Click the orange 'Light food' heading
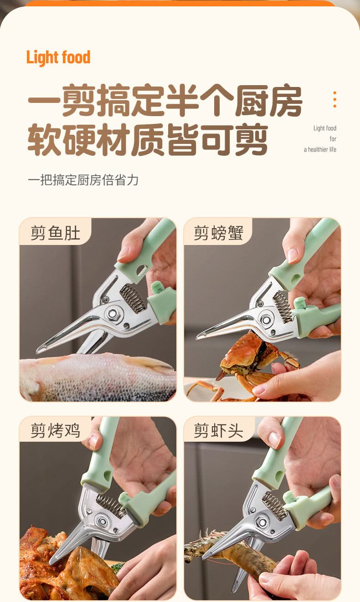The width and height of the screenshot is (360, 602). point(58,58)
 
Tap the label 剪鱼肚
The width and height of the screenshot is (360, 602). point(56,233)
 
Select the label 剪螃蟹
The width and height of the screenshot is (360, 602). point(218,233)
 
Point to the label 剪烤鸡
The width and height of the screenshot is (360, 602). point(56,430)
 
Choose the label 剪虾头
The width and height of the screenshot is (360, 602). point(218,430)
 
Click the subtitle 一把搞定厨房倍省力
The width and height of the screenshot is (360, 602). point(83,180)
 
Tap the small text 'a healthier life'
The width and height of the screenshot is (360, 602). point(320,149)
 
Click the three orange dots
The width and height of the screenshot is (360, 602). point(335,99)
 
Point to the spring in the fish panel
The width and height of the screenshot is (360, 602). point(134,299)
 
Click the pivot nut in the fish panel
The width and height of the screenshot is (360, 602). point(112,314)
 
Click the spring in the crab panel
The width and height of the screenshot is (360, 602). point(283,306)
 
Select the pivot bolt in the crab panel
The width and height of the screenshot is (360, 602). point(266,320)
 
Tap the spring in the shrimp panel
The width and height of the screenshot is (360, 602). point(274,506)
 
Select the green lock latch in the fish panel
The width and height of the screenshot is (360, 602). point(158,288)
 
